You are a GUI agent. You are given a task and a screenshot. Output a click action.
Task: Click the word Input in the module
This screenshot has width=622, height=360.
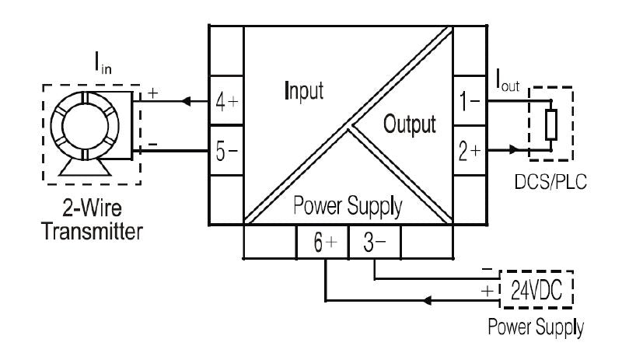pos(304,90)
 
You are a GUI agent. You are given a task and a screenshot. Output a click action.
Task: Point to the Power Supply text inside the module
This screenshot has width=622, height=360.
pos(347,208)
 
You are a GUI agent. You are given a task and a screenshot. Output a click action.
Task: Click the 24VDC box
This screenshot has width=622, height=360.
pos(536,291)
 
